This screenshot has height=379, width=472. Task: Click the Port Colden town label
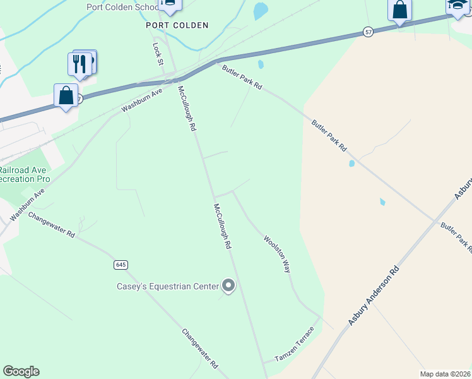(177, 25)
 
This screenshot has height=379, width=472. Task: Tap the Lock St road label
(158, 54)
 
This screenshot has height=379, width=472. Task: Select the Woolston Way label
(277, 254)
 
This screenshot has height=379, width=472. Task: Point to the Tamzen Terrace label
(295, 345)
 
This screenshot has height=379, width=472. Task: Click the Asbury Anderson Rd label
(374, 296)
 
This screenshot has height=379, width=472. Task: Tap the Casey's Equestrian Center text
(167, 286)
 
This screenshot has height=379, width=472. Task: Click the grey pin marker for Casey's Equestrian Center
(229, 286)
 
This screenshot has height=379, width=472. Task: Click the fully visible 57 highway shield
(368, 32)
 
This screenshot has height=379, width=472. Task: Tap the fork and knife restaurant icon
(80, 64)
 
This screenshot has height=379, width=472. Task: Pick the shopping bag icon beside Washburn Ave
(66, 95)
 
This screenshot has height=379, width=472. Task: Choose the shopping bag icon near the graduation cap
(399, 10)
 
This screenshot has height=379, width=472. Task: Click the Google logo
(21, 371)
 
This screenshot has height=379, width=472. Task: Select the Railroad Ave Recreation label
(25, 174)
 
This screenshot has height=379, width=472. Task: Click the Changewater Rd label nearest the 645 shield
(52, 225)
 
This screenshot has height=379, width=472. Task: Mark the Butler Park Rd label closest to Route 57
(242, 76)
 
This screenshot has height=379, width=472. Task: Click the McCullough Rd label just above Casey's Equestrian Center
(221, 226)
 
